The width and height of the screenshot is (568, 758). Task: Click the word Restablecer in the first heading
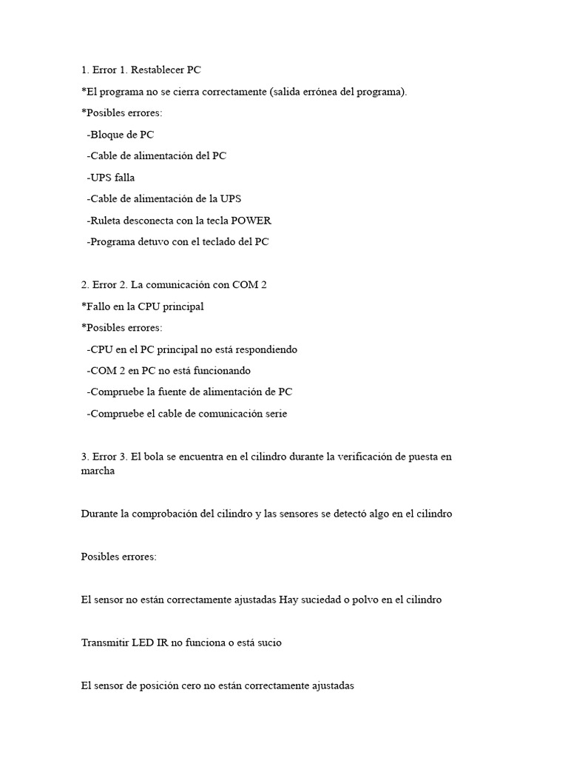(158, 70)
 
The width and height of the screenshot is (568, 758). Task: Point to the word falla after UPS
(125, 178)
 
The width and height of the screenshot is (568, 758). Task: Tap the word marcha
(98, 472)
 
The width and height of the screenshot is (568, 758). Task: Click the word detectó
(353, 514)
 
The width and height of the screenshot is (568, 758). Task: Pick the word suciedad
(322, 600)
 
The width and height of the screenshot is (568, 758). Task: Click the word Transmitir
(105, 643)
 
